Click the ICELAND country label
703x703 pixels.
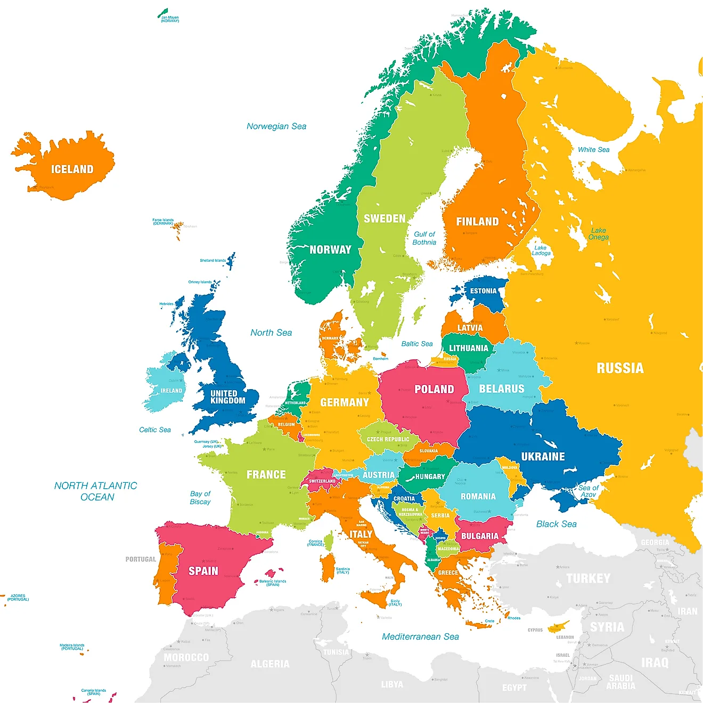pos(72,169)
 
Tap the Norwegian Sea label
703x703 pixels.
pos(276,126)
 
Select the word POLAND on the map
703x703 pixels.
pos(434,389)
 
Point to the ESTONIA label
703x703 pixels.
pos(483,291)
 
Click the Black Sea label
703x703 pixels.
pos(556,524)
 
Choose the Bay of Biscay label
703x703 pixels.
pos(200,498)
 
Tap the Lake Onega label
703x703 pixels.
pos(599,234)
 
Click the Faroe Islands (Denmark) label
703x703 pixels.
pos(163,222)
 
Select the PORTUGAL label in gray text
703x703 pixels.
pos(141,559)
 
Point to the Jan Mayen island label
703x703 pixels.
pos(170,19)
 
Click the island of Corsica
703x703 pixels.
pos(329,543)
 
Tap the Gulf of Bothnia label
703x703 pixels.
pos(424,238)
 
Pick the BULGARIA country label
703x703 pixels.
pos(479,536)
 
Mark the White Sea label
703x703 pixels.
pos(593,150)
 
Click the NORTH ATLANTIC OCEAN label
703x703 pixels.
pos(96,491)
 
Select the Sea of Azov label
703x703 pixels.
pos(588,491)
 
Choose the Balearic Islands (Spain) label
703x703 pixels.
pos(273,583)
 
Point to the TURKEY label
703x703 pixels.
pos(588,578)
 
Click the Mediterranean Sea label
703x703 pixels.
pos(420,636)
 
